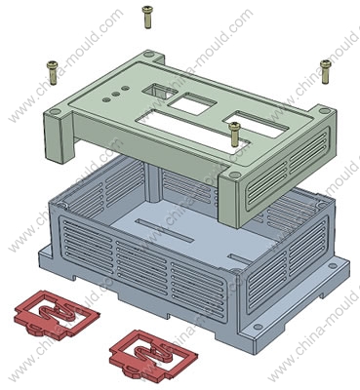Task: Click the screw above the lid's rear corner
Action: pos(147,18)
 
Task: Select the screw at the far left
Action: pos(53,73)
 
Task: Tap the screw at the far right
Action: pos(326,71)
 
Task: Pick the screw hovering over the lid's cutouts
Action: pos(234,134)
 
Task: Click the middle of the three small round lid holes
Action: pos(115,94)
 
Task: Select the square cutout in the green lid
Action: pos(193,103)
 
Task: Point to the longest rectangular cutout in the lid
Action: pos(192,131)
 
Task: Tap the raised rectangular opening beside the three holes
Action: pos(159,91)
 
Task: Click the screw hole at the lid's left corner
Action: pos(56,112)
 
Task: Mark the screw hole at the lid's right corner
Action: pos(324,111)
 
